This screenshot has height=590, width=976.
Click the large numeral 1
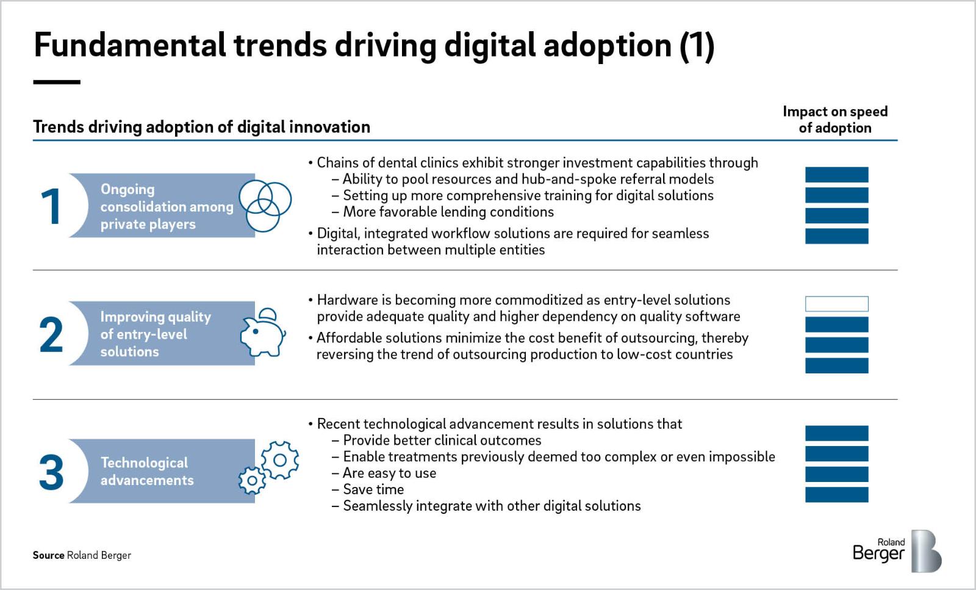coord(51,206)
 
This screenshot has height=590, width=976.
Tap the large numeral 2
coord(51,334)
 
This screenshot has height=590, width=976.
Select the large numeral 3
coord(51,472)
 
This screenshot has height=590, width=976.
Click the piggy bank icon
coord(263,333)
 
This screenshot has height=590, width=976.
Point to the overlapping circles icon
coord(265,206)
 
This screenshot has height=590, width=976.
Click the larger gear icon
coord(280,460)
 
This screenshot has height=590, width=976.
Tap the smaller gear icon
coord(252,481)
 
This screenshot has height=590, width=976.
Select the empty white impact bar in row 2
coord(836,304)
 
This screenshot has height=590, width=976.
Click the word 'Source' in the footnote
coord(48,555)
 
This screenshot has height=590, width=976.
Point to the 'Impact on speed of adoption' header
coord(835,120)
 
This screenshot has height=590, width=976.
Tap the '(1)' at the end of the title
coord(697,46)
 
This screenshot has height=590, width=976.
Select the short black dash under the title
coord(57,82)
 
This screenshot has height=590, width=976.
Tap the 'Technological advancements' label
coord(147,471)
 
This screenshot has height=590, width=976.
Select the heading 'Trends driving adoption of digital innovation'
coord(202,127)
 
